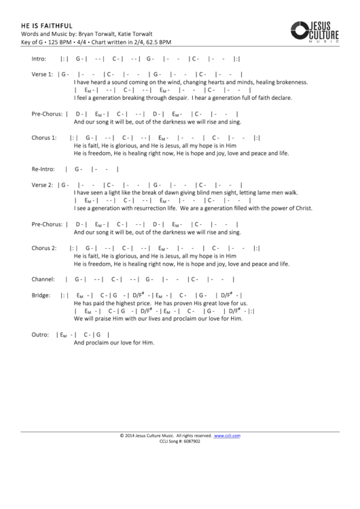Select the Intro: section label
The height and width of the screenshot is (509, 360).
(41, 59)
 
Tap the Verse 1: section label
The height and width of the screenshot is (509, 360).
(42, 73)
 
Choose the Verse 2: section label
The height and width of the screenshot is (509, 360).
(42, 184)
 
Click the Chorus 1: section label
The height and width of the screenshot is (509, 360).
(44, 137)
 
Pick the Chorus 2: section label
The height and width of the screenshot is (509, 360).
(44, 248)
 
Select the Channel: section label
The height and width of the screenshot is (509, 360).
(43, 279)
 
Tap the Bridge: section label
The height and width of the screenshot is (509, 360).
(41, 295)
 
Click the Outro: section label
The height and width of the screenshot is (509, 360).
(41, 334)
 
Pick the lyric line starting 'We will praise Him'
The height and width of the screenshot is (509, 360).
(158, 319)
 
